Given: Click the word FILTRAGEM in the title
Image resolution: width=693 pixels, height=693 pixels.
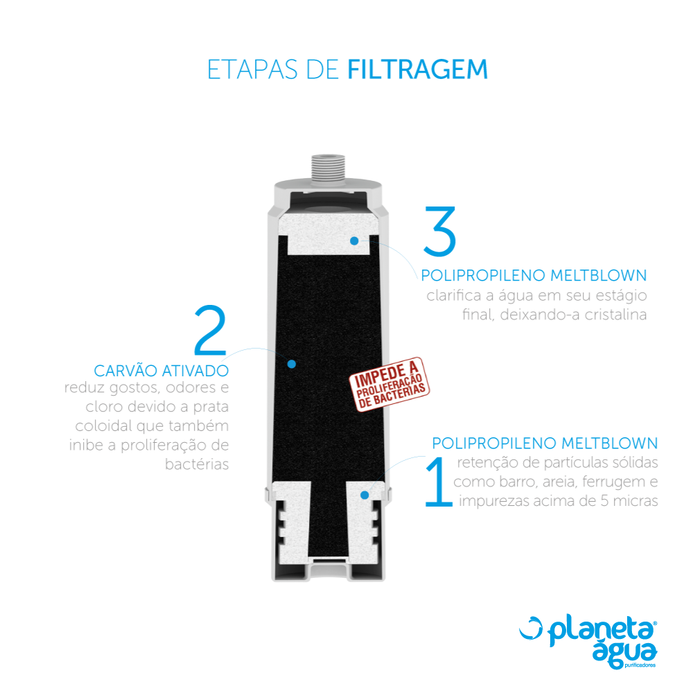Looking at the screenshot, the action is (418, 70).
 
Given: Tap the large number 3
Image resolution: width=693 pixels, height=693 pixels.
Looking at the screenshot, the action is (440, 231).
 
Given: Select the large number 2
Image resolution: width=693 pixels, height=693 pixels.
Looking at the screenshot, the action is (211, 330).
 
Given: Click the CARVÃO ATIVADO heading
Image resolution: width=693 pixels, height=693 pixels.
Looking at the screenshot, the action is (161, 370).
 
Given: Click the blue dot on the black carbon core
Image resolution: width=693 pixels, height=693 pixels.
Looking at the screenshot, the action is (291, 365).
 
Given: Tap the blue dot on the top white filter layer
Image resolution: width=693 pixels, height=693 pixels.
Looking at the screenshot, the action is (354, 241).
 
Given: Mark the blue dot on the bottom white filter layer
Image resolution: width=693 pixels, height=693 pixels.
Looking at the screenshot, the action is (365, 495).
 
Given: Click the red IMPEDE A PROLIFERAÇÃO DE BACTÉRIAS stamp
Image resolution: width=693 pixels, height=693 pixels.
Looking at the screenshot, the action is (389, 384).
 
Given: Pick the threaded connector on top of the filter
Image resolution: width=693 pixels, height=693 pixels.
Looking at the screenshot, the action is (328, 168).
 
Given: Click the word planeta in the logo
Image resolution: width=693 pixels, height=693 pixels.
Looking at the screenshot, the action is (602, 631).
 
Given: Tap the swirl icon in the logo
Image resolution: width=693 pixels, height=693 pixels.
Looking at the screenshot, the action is (531, 628).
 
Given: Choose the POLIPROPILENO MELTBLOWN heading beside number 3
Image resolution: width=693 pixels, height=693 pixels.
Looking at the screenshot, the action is (534, 275).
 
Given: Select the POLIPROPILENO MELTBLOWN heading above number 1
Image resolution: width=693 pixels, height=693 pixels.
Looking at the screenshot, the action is (545, 444).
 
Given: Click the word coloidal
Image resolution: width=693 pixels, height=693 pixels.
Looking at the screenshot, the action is (103, 426).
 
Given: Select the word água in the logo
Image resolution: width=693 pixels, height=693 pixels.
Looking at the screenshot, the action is (624, 653).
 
